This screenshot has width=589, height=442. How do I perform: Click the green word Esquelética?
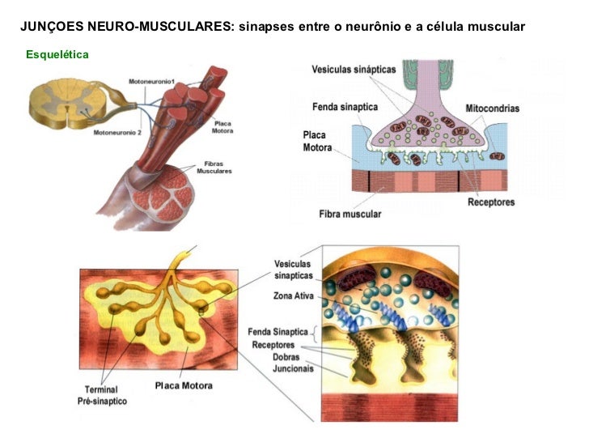click(57, 55)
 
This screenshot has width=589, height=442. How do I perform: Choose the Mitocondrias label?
click(492, 108)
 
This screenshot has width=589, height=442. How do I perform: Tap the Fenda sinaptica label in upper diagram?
click(345, 106)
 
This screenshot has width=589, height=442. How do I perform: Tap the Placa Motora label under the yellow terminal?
click(184, 385)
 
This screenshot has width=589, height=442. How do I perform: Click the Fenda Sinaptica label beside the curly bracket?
click(278, 332)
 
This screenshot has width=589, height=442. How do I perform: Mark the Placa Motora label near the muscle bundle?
click(222, 126)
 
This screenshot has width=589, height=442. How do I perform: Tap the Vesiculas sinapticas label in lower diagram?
click(294, 270)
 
